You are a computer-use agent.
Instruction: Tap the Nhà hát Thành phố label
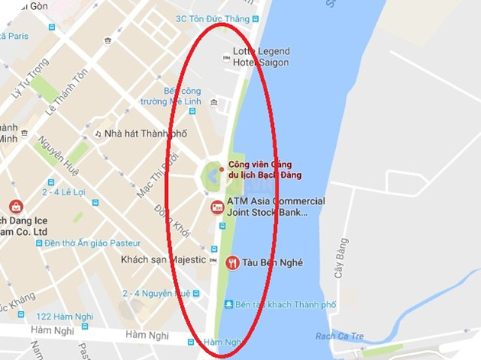pyautogui.click(x=145, y=133)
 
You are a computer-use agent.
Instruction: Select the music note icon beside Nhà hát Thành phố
pyautogui.click(x=98, y=133)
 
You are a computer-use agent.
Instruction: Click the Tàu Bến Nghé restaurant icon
pyautogui.click(x=233, y=263)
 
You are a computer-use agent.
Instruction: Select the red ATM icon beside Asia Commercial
pyautogui.click(x=218, y=207)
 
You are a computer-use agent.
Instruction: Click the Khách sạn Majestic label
pyautogui.click(x=163, y=259)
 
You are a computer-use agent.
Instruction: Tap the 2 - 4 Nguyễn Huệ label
pyautogui.click(x=156, y=293)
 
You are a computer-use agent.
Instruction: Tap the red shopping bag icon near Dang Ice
pyautogui.click(x=15, y=206)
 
